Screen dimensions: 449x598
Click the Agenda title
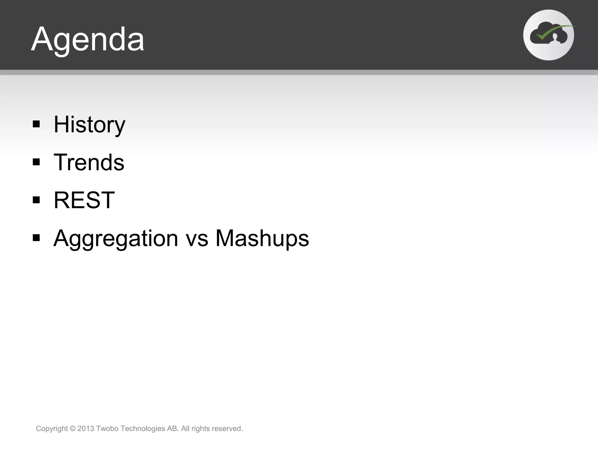(x=88, y=39)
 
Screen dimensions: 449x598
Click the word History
(x=89, y=125)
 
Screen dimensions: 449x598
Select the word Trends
(x=89, y=163)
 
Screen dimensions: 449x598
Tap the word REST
(x=84, y=200)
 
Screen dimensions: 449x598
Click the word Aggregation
(x=116, y=239)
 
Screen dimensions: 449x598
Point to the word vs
(x=197, y=239)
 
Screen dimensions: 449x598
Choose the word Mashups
(x=262, y=239)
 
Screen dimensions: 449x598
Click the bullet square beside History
(x=36, y=124)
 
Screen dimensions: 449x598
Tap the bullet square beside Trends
(x=36, y=162)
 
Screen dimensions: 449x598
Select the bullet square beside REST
(x=36, y=200)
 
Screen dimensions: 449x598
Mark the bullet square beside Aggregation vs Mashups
(x=36, y=238)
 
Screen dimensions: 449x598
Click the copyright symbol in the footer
(x=73, y=429)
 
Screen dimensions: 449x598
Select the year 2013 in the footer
(x=86, y=429)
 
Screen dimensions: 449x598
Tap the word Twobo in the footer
(x=107, y=429)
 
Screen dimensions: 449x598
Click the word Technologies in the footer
(x=143, y=429)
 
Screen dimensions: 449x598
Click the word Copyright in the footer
(x=52, y=429)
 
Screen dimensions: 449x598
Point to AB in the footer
(x=173, y=429)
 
